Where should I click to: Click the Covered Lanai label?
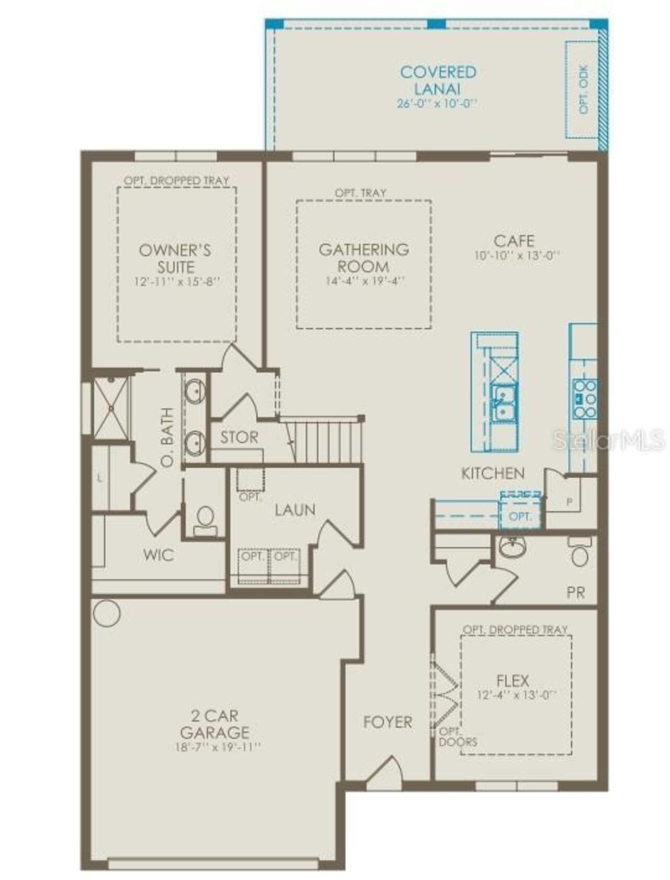[x=438, y=80]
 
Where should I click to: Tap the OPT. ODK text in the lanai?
[x=584, y=89]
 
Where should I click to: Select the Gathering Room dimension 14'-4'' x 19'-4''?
[x=365, y=281]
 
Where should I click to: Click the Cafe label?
[x=514, y=241]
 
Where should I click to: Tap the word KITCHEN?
[x=493, y=473]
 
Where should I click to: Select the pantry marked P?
[x=569, y=502]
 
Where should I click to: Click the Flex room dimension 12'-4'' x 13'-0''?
[x=516, y=695]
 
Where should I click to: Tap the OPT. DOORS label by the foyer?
[x=457, y=737]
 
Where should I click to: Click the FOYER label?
[x=387, y=722]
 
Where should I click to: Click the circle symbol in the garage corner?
[x=107, y=613]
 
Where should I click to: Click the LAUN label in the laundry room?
[x=295, y=510]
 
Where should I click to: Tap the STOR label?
[x=239, y=437]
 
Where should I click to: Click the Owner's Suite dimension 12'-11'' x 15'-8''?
[x=176, y=282]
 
